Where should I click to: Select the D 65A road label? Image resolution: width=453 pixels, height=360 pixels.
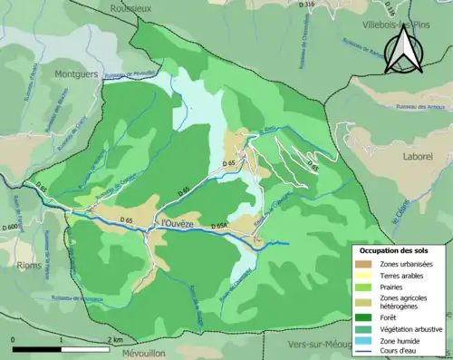point(218,225)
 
